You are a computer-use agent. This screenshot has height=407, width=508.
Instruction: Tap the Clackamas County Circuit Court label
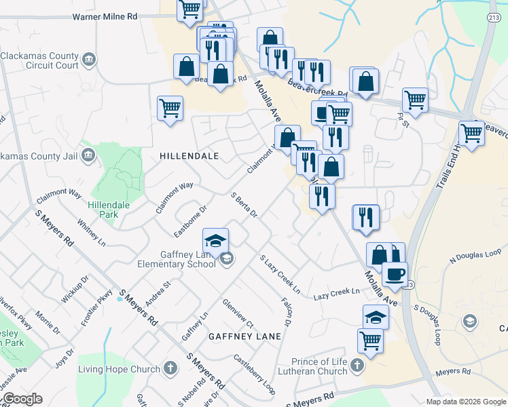click(x=39, y=61)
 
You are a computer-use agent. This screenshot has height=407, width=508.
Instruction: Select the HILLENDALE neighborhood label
click(x=189, y=156)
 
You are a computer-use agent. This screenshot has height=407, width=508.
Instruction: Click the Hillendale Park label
click(x=103, y=210)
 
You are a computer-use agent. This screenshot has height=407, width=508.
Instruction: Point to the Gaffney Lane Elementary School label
click(x=176, y=258)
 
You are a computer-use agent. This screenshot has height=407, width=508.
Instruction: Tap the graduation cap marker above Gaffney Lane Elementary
click(x=215, y=241)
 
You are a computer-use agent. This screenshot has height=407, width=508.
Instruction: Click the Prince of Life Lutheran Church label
click(x=319, y=366)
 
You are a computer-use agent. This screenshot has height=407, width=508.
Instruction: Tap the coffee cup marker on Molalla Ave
click(x=395, y=275)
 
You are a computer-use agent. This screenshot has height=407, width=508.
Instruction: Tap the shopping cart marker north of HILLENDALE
click(x=170, y=108)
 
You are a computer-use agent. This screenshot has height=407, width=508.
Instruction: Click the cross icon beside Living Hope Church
click(x=170, y=369)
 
